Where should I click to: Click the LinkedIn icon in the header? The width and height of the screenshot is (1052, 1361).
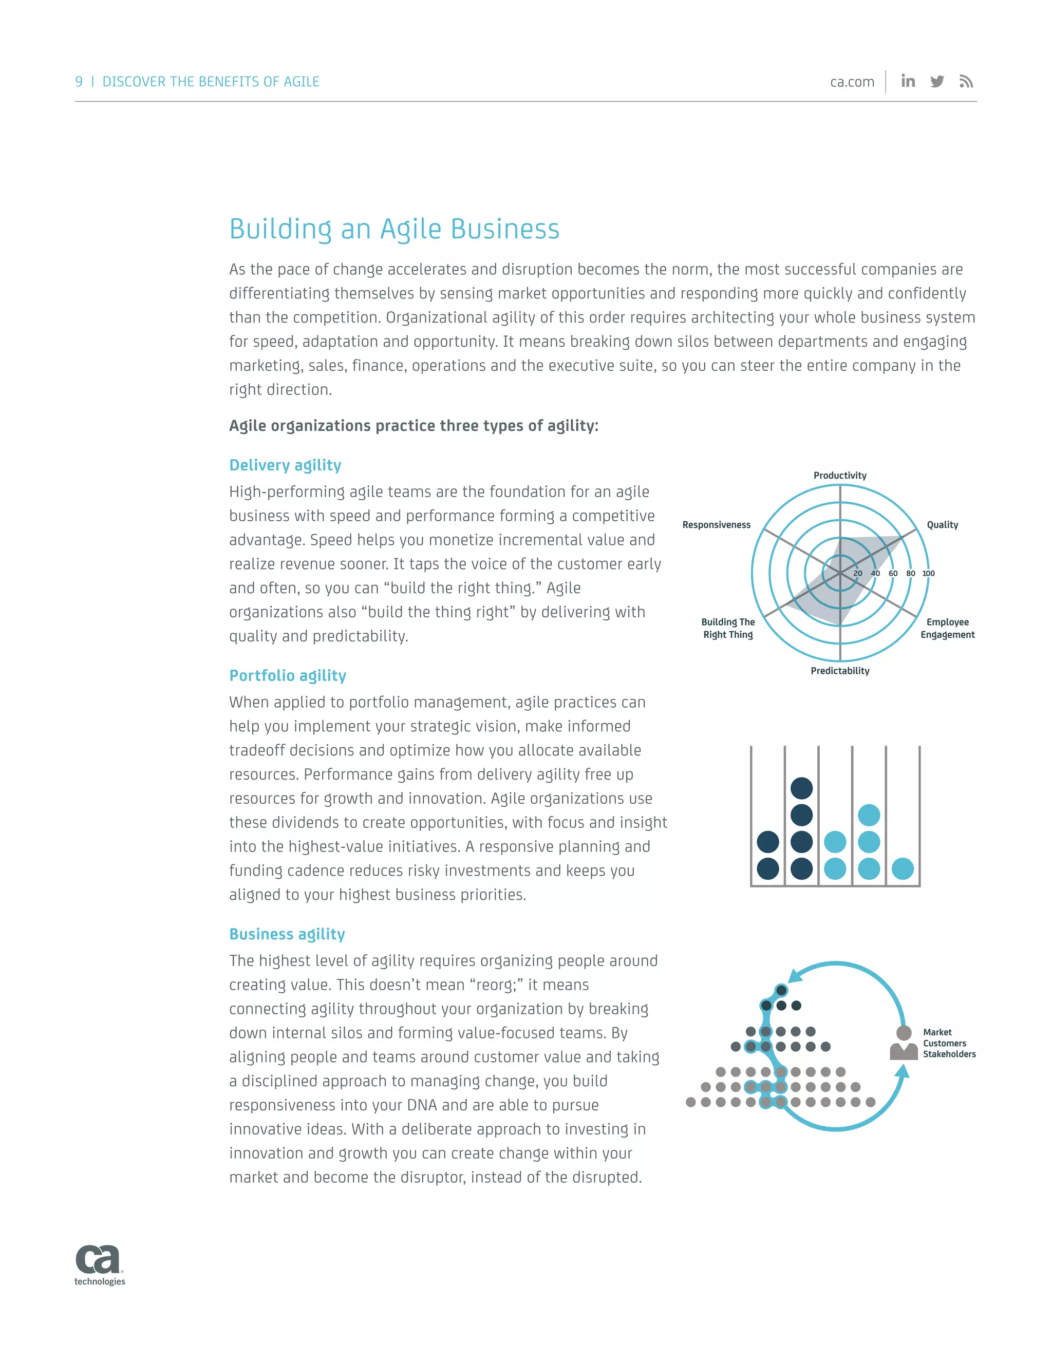coord(908,81)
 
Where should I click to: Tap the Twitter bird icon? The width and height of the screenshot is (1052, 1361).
coord(937,82)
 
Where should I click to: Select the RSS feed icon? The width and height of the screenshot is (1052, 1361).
coord(966,82)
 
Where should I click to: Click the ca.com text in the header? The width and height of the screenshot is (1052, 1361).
coord(852,82)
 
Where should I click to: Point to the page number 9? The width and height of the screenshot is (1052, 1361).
coord(79,82)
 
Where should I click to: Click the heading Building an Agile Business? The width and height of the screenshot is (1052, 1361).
coord(394,229)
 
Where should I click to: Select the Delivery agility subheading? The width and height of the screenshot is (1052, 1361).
coord(285,465)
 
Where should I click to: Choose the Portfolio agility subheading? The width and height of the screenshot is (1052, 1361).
coord(287,675)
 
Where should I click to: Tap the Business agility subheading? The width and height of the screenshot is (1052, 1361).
coord(287,934)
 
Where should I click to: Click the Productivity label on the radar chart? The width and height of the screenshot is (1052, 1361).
coord(839,476)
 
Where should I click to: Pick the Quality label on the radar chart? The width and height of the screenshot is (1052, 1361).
coord(942,525)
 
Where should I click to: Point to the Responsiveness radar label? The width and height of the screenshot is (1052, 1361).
coord(716,525)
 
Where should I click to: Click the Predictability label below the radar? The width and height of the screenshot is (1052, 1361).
coord(839,671)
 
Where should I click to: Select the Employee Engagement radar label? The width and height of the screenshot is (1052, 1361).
coord(947,628)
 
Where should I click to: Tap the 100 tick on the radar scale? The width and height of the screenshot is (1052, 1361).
coord(928,573)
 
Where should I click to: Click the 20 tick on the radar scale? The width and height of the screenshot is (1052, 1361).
coord(857,573)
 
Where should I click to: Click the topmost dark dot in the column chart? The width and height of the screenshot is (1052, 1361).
coord(801,788)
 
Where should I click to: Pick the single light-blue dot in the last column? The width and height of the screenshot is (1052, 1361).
coord(903,868)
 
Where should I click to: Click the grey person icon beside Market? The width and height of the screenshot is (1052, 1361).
coord(904,1043)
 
